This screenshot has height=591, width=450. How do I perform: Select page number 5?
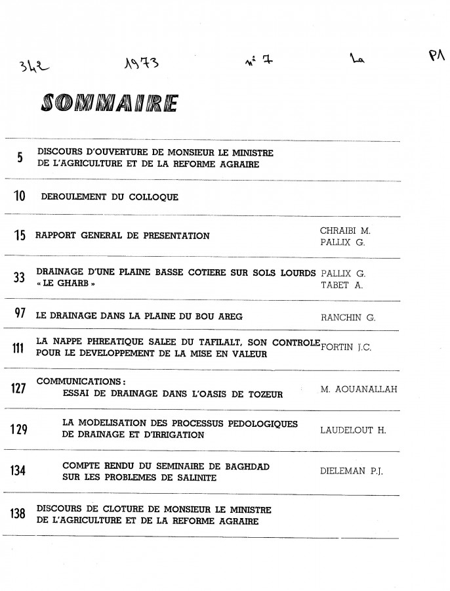(x=20, y=158)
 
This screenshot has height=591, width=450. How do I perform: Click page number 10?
(x=19, y=196)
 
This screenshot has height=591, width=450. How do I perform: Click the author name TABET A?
(x=338, y=284)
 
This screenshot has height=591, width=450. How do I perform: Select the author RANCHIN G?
(x=348, y=317)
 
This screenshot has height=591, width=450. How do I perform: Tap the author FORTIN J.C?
(x=348, y=347)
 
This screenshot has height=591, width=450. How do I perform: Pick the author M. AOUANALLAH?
(x=359, y=390)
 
